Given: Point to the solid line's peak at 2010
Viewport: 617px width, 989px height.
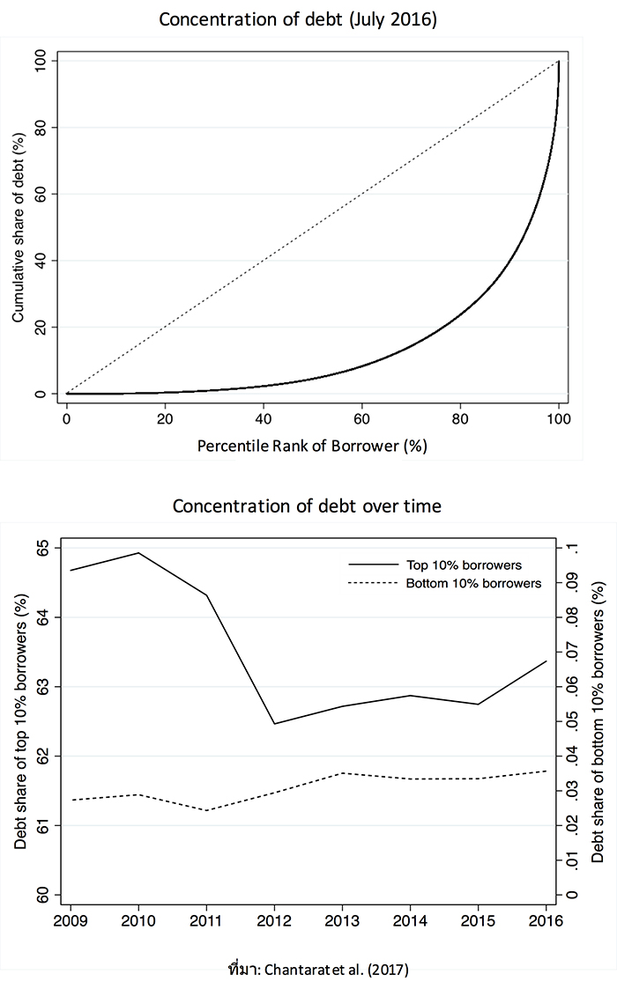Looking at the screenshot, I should [138, 553].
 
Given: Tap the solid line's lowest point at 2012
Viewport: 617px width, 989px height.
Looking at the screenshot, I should [274, 724].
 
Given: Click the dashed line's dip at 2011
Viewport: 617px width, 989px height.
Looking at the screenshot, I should [206, 810].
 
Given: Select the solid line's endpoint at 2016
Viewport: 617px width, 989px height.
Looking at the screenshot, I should [546, 661].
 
